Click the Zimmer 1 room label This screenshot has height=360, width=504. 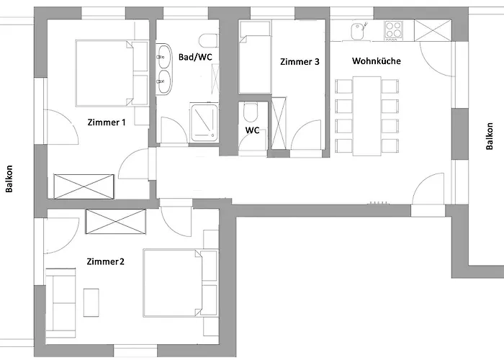107,122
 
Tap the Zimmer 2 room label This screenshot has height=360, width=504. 105,261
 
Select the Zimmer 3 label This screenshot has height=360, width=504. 300,62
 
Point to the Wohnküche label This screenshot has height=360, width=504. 377,60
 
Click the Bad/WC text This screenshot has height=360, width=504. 195,57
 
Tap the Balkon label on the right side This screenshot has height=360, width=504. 489,136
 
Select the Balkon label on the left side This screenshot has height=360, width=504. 9,179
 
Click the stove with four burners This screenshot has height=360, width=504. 393,30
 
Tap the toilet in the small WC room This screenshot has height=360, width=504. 251,112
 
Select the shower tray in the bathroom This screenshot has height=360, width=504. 204,122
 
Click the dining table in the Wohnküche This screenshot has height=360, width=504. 366,116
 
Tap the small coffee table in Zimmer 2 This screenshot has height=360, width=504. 91,302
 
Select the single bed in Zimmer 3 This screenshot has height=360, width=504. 255,57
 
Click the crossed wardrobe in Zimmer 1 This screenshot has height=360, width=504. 84,186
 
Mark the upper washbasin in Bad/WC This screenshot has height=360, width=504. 163,56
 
